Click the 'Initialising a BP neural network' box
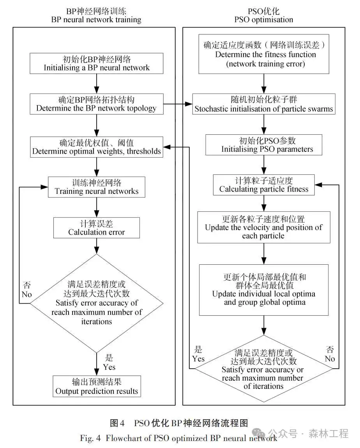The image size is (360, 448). point(96,63)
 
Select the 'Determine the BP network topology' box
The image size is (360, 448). point(96,104)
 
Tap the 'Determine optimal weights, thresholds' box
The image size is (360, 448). point(96,147)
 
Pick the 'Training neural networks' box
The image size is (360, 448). point(96,187)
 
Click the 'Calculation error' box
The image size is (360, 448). point(96,228)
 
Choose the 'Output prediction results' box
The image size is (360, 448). point(97,386)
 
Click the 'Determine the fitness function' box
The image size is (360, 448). point(264,54)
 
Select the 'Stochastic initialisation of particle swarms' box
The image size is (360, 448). point(264,104)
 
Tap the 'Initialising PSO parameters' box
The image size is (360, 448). point(264,145)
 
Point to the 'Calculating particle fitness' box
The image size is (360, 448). point(264,185)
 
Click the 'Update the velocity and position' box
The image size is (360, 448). point(264,227)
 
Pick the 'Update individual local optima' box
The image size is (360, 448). point(264,290)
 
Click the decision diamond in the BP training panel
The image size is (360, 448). point(97,303)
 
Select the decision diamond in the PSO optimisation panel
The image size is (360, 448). point(264,369)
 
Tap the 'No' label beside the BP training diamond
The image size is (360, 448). point(27,294)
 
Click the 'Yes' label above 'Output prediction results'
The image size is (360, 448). point(109,367)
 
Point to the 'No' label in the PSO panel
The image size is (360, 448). point(330,359)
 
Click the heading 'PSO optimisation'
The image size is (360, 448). point(264,19)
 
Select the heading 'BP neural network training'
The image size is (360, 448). point(96,19)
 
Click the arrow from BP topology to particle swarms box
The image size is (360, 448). point(178,104)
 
